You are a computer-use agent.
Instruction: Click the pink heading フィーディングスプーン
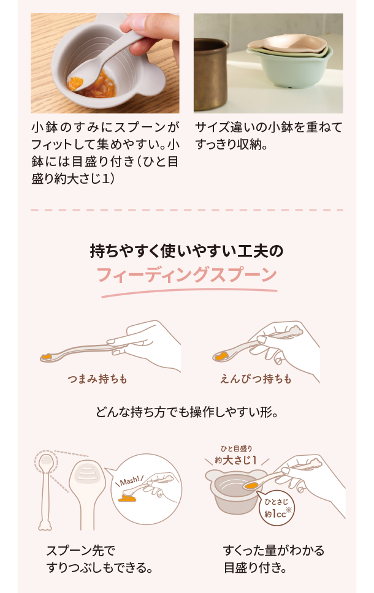coord(186,274)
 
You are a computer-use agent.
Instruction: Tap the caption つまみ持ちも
coord(97,379)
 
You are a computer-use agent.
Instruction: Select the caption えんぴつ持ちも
coord(256,379)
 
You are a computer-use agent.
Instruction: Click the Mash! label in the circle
coord(129,481)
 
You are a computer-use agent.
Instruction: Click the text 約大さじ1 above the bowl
coord(236,460)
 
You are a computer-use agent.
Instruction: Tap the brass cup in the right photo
coord(210,74)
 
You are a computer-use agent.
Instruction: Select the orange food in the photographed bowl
coord(93,83)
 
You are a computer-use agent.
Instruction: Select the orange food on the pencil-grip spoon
coord(221,355)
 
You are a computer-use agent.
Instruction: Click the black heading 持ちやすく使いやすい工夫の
coord(186,251)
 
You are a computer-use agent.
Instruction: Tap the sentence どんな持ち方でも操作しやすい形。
coord(187,412)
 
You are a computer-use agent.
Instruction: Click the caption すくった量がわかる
coord(273,550)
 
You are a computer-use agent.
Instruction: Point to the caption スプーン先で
coord(81,550)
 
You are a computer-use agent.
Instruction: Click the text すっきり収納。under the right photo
coord(232,144)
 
